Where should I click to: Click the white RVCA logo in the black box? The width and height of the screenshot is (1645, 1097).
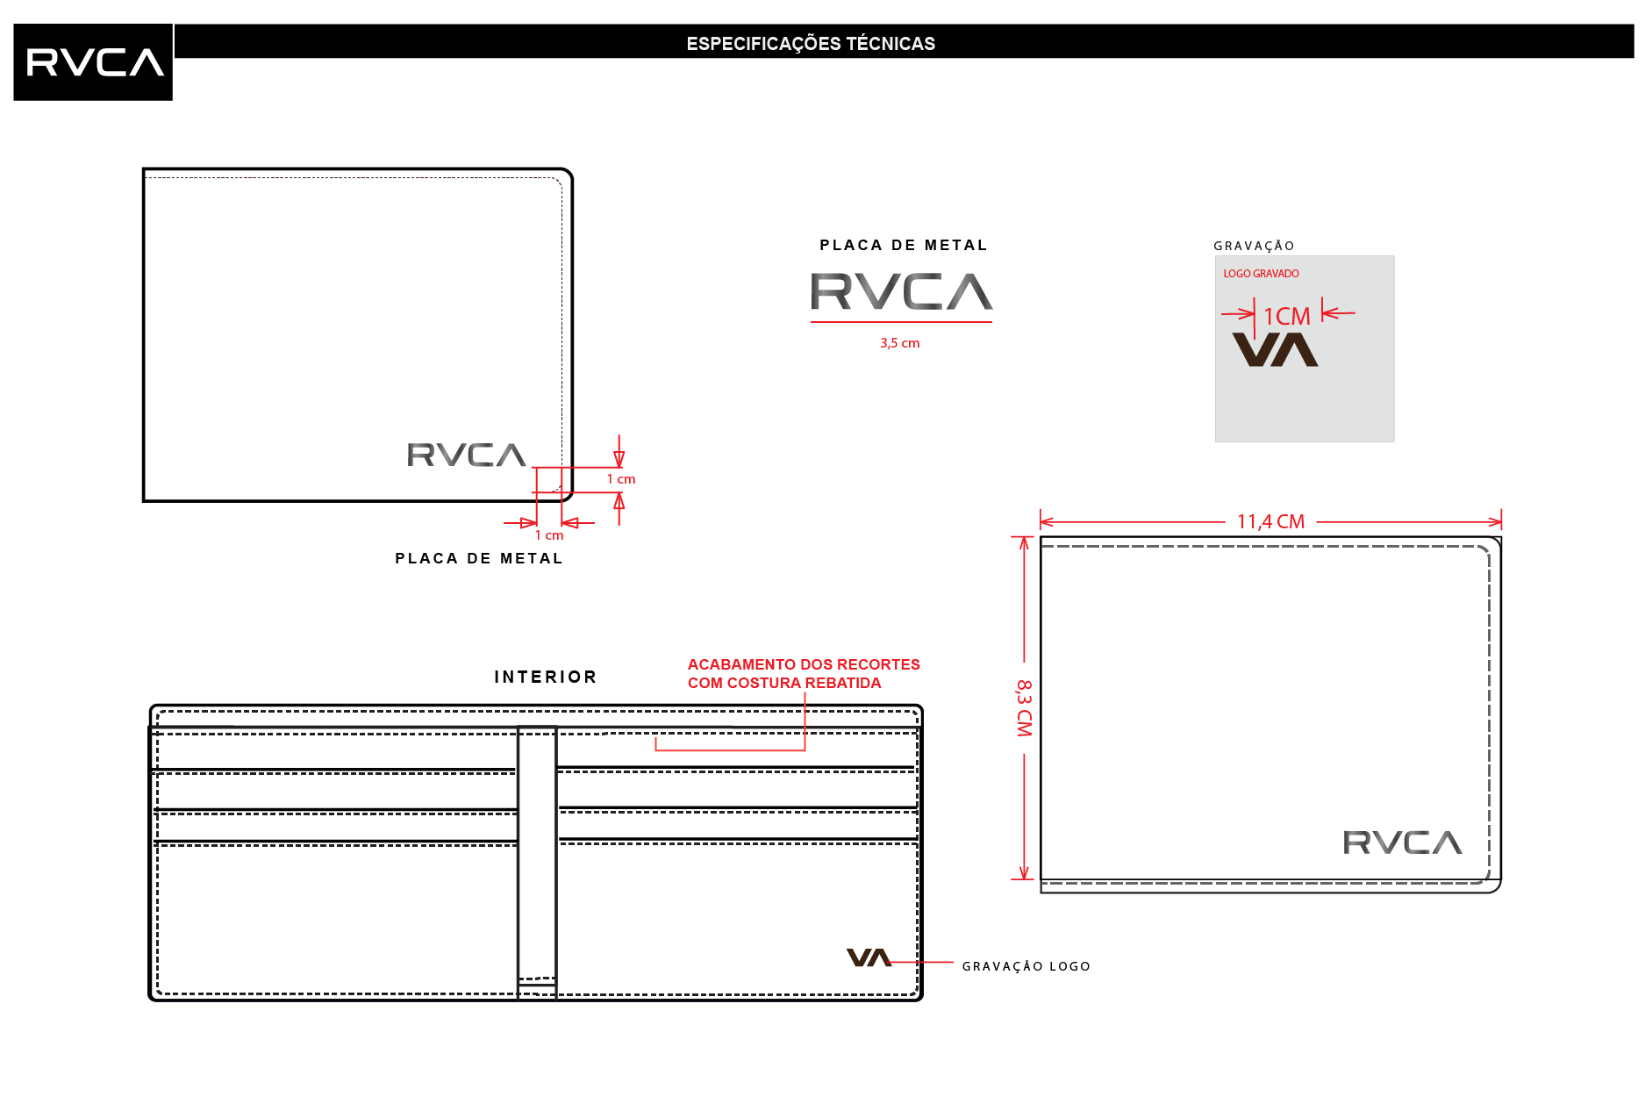click(x=95, y=62)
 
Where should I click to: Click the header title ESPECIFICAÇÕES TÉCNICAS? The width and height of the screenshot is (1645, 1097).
click(x=811, y=44)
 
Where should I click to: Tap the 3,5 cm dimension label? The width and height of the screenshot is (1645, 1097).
click(x=900, y=343)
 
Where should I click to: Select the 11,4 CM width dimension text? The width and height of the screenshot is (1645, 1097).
click(x=1270, y=521)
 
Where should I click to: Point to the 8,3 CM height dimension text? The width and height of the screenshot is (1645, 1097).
click(x=1024, y=708)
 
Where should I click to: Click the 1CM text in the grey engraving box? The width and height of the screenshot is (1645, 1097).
click(x=1286, y=316)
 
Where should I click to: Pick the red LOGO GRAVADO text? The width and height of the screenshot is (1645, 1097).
click(x=1261, y=274)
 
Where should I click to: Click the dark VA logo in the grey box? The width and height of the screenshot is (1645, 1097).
click(x=1275, y=349)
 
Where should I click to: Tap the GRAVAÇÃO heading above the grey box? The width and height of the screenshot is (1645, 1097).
click(x=1254, y=246)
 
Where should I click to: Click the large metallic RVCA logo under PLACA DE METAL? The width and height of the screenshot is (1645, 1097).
click(x=901, y=291)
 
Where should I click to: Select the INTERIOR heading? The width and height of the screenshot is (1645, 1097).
click(x=546, y=677)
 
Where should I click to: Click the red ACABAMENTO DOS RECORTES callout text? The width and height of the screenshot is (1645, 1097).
click(x=804, y=674)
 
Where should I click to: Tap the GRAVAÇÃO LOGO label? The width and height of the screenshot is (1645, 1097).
click(x=1026, y=966)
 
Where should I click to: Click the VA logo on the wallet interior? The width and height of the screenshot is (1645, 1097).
click(x=869, y=957)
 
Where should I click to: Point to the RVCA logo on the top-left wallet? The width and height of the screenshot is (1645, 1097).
click(x=467, y=455)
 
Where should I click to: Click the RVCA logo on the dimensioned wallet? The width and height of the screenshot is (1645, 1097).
click(x=1402, y=842)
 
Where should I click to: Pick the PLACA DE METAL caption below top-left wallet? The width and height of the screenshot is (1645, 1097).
click(x=479, y=558)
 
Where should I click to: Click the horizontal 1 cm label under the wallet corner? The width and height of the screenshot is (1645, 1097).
click(x=549, y=535)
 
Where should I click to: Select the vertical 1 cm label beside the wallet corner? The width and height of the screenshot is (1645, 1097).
click(x=621, y=479)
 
